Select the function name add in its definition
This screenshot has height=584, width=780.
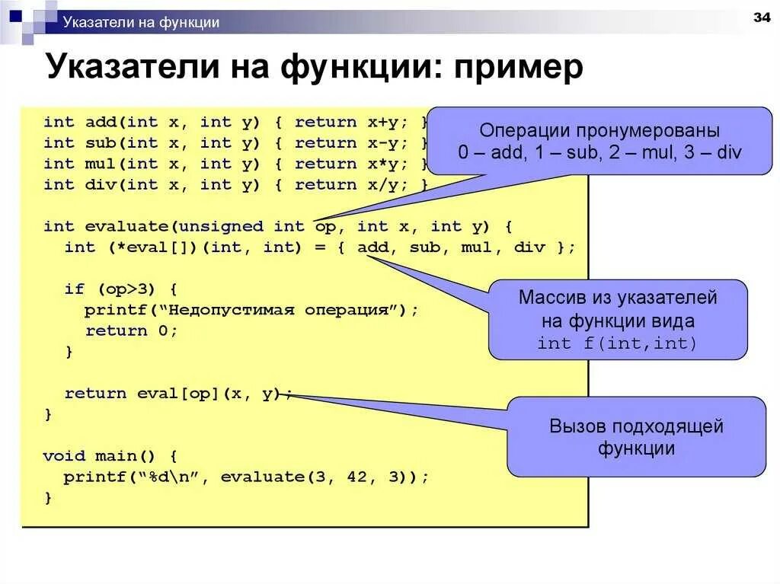pyautogui.click(x=101, y=122)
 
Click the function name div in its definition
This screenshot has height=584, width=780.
pyautogui.click(x=101, y=184)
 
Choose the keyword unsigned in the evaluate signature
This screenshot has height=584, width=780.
pyautogui.click(x=221, y=226)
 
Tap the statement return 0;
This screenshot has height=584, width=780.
pyautogui.click(x=131, y=330)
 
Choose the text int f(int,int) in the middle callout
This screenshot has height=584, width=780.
pyautogui.click(x=617, y=343)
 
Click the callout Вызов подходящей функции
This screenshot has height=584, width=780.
pyautogui.click(x=636, y=436)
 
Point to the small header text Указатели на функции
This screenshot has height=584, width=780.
pyautogui.click(x=141, y=22)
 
